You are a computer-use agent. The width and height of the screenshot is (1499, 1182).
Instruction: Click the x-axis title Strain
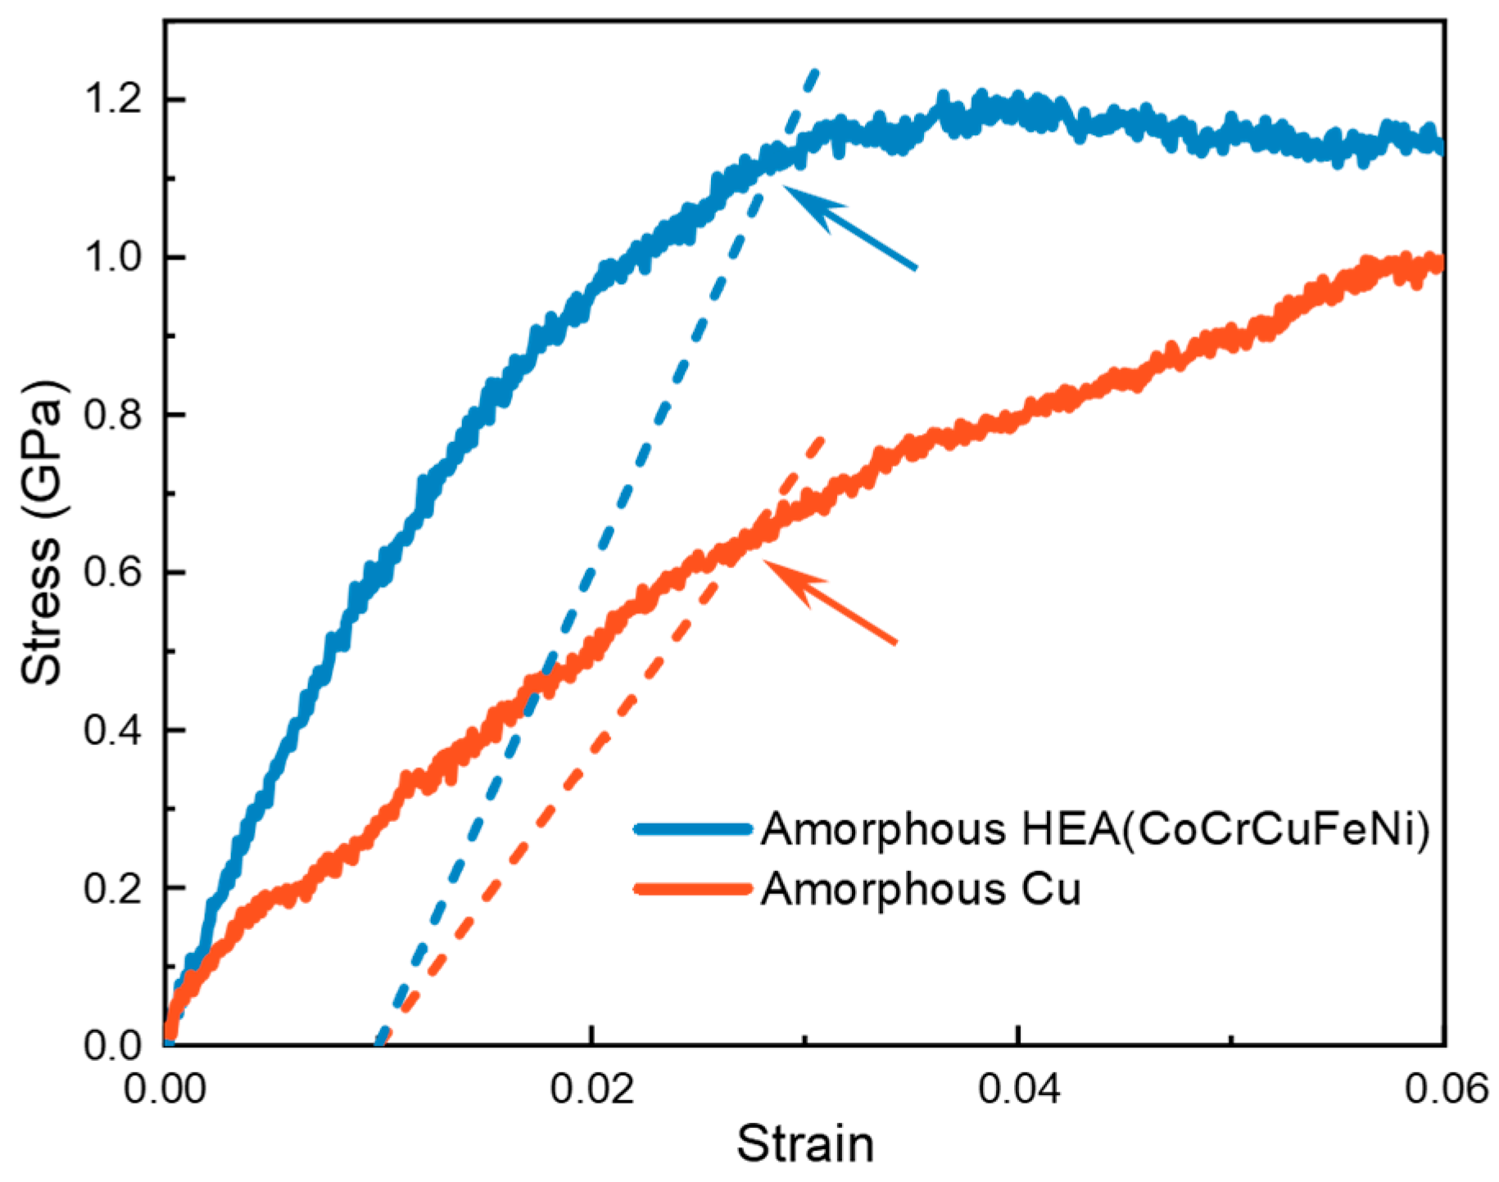pos(804,1144)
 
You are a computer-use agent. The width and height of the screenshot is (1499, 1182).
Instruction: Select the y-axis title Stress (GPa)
pos(43,532)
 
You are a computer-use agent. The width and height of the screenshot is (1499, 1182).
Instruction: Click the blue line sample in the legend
pos(693,829)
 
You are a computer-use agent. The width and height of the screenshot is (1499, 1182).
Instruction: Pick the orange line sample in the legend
pos(693,889)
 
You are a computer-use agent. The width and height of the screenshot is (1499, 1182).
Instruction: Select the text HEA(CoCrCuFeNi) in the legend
pos(1225,829)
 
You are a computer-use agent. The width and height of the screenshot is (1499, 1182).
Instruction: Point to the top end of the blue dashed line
pos(813,72)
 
